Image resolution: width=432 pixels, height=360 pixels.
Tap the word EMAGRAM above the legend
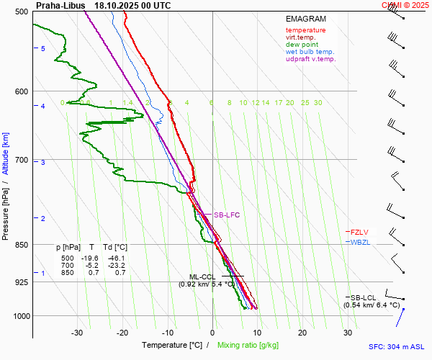pyautogui.click(x=305, y=19)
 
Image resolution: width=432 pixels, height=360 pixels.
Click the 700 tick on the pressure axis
pyautogui.click(x=22, y=160)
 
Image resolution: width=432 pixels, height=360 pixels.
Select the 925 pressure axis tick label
pyautogui.click(x=22, y=282)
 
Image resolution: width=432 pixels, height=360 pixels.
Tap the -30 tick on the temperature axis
pyautogui.click(x=78, y=333)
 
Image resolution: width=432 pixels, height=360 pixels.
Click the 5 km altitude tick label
pyautogui.click(x=43, y=48)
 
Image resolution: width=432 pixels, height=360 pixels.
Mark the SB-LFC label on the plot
pyautogui.click(x=226, y=215)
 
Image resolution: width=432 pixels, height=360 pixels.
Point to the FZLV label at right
pyautogui.click(x=359, y=232)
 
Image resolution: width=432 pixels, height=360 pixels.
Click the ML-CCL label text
pyautogui.click(x=202, y=276)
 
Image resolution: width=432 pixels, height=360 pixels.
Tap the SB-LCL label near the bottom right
pyautogui.click(x=364, y=297)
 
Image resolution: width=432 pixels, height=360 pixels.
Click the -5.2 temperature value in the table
pyautogui.click(x=91, y=265)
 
